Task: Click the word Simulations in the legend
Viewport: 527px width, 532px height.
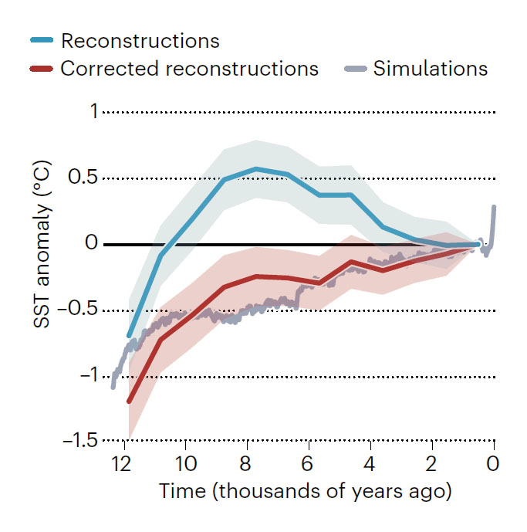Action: click(431, 68)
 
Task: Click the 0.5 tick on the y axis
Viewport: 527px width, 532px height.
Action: click(83, 178)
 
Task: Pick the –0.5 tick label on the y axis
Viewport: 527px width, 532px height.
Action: click(79, 310)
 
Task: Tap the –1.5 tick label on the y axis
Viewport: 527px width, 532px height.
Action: click(79, 442)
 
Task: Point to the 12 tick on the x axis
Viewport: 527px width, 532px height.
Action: click(120, 465)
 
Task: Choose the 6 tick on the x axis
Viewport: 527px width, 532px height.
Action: click(308, 465)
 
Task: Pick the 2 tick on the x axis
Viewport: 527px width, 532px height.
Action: click(431, 465)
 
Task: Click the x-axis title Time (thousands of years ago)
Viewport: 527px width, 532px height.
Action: click(305, 491)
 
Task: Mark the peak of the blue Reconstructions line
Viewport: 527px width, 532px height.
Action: click(256, 168)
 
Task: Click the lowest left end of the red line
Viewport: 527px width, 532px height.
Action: click(129, 402)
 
